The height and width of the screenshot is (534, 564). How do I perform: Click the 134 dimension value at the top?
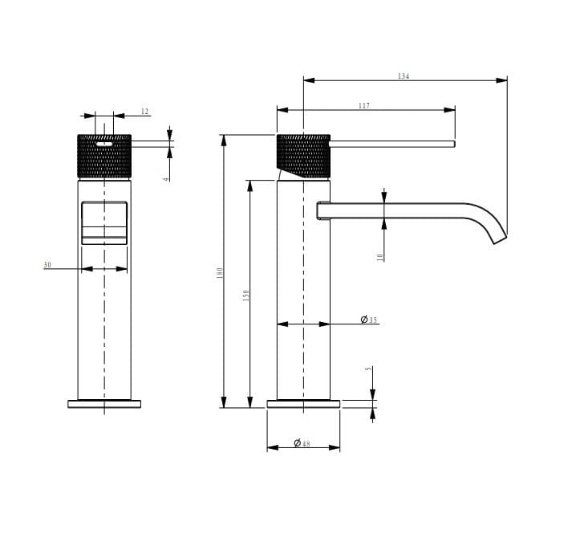(x=404, y=76)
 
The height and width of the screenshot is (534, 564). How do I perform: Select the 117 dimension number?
(x=364, y=106)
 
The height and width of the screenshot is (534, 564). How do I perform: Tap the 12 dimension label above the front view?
(x=144, y=112)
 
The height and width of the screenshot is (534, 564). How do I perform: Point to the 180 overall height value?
(x=218, y=273)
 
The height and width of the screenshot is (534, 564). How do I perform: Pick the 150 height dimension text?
(x=245, y=295)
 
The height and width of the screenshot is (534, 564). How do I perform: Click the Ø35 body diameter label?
(x=369, y=320)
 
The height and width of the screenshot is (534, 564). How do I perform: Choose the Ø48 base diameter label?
(x=302, y=443)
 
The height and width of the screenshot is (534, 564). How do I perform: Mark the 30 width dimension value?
(x=47, y=265)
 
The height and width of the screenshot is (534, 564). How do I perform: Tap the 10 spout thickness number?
(x=380, y=256)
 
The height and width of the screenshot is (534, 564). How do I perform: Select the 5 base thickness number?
(x=368, y=369)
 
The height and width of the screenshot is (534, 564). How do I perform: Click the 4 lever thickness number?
(x=166, y=178)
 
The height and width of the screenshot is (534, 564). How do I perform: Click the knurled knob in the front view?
(x=104, y=157)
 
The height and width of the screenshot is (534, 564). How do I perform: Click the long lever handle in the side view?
(x=393, y=145)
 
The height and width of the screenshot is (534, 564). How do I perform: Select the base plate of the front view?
(x=104, y=404)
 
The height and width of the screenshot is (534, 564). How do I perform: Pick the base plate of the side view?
(x=303, y=404)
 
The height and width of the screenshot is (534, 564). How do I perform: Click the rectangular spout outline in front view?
(x=104, y=222)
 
